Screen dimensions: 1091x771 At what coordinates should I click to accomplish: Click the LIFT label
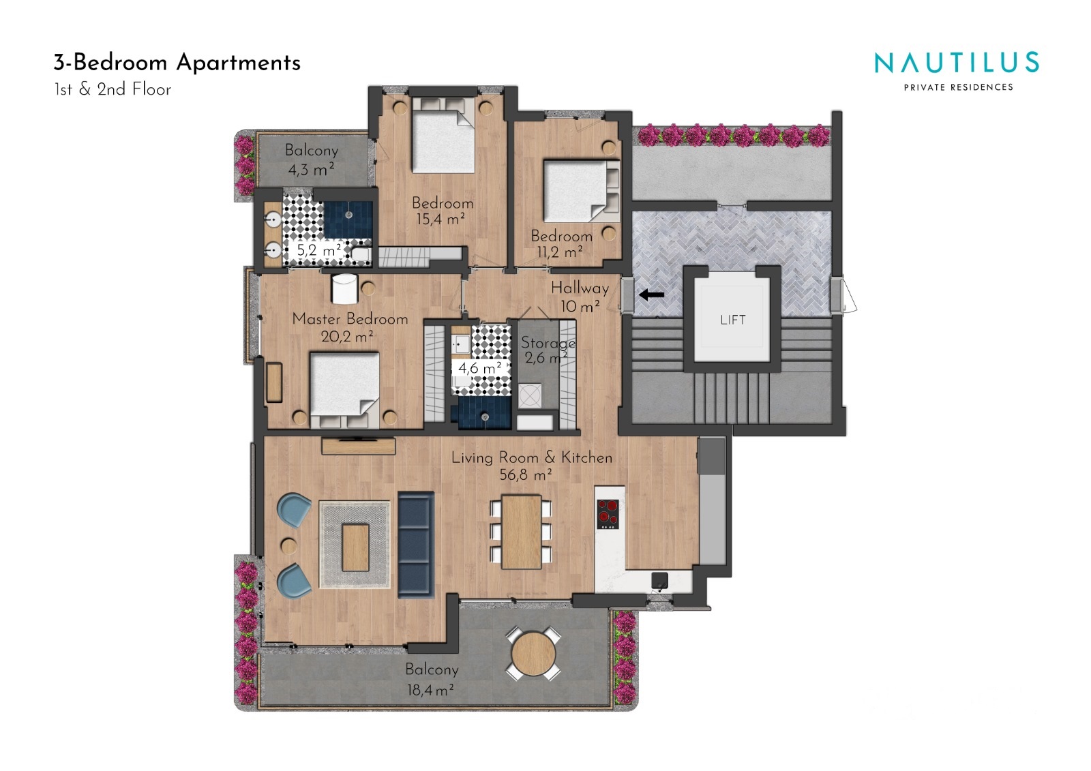[732, 320]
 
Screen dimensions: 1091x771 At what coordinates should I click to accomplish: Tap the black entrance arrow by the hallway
[652, 294]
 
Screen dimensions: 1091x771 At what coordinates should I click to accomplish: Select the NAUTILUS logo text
[957, 63]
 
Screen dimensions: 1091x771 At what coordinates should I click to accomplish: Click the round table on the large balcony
[533, 654]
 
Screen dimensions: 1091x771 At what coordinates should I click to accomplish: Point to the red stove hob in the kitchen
[608, 514]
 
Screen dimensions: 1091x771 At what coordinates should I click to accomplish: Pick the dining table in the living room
[521, 531]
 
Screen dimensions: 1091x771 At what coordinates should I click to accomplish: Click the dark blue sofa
[416, 545]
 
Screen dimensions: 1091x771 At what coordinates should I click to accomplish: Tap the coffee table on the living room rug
[355, 547]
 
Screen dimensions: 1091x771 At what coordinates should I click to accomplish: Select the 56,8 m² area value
[526, 474]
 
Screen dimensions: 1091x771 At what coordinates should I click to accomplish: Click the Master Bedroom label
[350, 319]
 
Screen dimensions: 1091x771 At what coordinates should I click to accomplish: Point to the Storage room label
[548, 343]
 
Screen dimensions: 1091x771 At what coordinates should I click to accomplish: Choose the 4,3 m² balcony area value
[311, 170]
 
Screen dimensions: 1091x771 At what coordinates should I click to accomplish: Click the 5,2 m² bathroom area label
[319, 250]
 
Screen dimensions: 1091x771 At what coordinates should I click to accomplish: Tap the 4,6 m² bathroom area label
[480, 367]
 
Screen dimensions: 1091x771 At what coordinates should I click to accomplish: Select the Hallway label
[580, 288]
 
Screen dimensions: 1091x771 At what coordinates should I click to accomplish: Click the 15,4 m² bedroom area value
[440, 220]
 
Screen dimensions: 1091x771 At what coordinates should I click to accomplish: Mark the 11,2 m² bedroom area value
[560, 252]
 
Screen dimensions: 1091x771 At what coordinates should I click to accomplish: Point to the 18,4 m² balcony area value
[430, 690]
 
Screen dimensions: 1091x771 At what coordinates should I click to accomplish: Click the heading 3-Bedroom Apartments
[177, 63]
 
